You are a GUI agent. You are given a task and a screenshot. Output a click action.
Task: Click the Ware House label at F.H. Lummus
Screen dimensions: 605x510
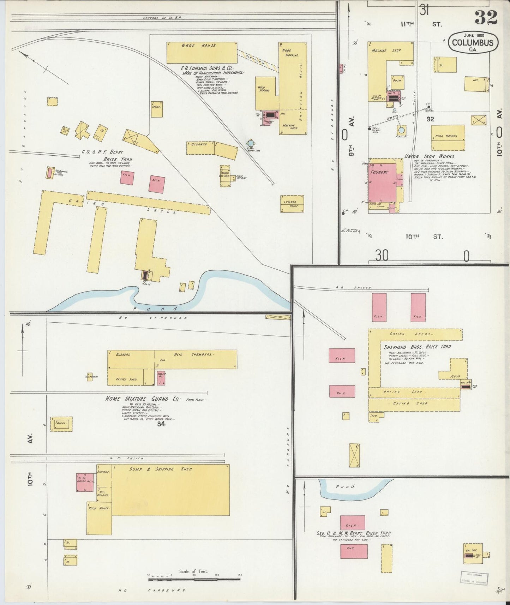pyautogui.click(x=199, y=46)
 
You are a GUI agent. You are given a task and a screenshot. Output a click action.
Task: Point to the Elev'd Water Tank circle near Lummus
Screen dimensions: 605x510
pyautogui.click(x=250, y=143)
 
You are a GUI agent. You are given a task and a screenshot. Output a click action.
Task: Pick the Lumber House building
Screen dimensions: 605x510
pyautogui.click(x=292, y=204)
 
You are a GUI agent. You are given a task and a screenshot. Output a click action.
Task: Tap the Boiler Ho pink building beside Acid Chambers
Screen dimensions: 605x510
pyautogui.click(x=161, y=378)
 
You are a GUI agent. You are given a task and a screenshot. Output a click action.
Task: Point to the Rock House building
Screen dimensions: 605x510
pyautogui.click(x=99, y=518)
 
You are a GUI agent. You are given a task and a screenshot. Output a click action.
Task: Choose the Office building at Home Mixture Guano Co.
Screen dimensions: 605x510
pyautogui.click(x=61, y=424)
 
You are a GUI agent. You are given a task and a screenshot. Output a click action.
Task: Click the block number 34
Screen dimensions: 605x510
pyautogui.click(x=161, y=424)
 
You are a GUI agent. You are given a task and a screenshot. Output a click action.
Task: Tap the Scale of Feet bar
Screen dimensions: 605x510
pyautogui.click(x=194, y=579)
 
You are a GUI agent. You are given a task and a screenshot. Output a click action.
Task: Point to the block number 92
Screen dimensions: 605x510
pyautogui.click(x=430, y=119)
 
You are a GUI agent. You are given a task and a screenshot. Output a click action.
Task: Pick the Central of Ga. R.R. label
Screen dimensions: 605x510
pyautogui.click(x=162, y=18)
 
